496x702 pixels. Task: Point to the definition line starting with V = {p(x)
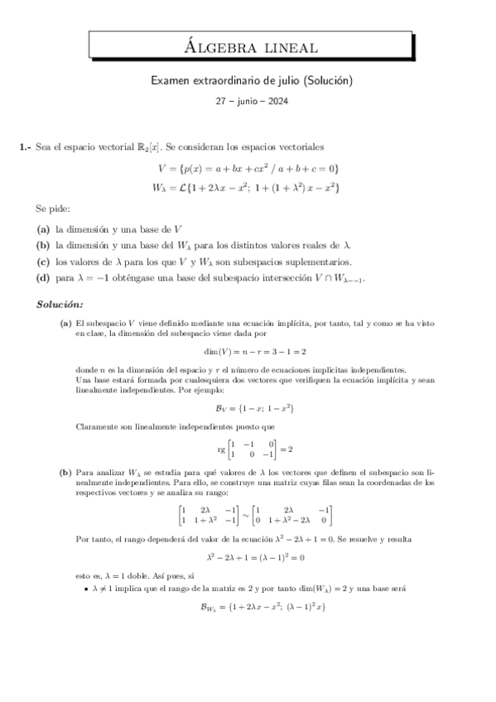click(248, 169)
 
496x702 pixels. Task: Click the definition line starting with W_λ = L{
click(248, 188)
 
